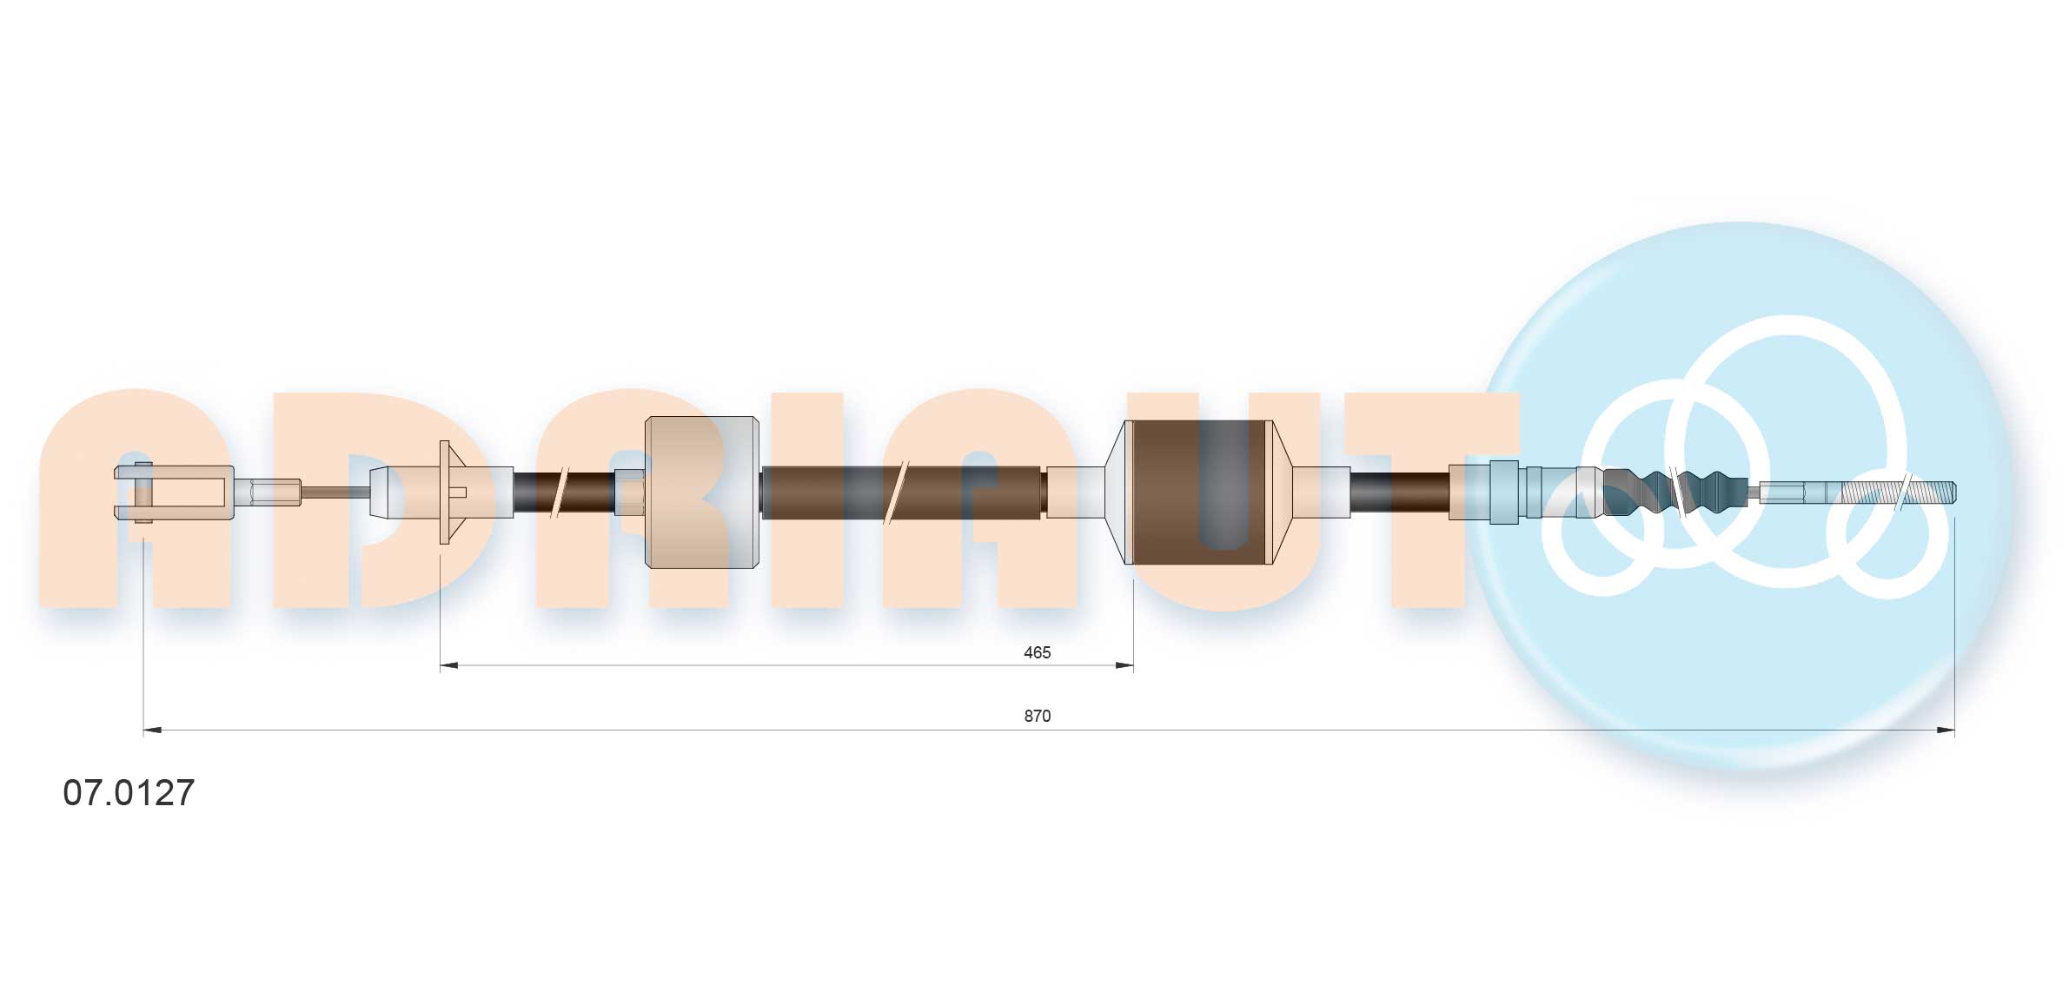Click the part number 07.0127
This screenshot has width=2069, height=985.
tap(129, 792)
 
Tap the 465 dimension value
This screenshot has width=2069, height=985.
tap(1037, 652)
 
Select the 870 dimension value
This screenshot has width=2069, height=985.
tap(1037, 716)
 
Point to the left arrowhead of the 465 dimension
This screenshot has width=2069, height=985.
tap(449, 666)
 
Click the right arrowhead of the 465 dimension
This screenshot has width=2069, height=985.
tap(1124, 666)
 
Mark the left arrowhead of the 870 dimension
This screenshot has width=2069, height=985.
tap(153, 730)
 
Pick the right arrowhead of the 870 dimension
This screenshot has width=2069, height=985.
tap(1946, 730)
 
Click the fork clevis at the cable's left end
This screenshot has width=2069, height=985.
tap(174, 492)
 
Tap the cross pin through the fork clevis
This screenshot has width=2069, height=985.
tap(143, 492)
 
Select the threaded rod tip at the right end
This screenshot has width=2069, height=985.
tap(1899, 492)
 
